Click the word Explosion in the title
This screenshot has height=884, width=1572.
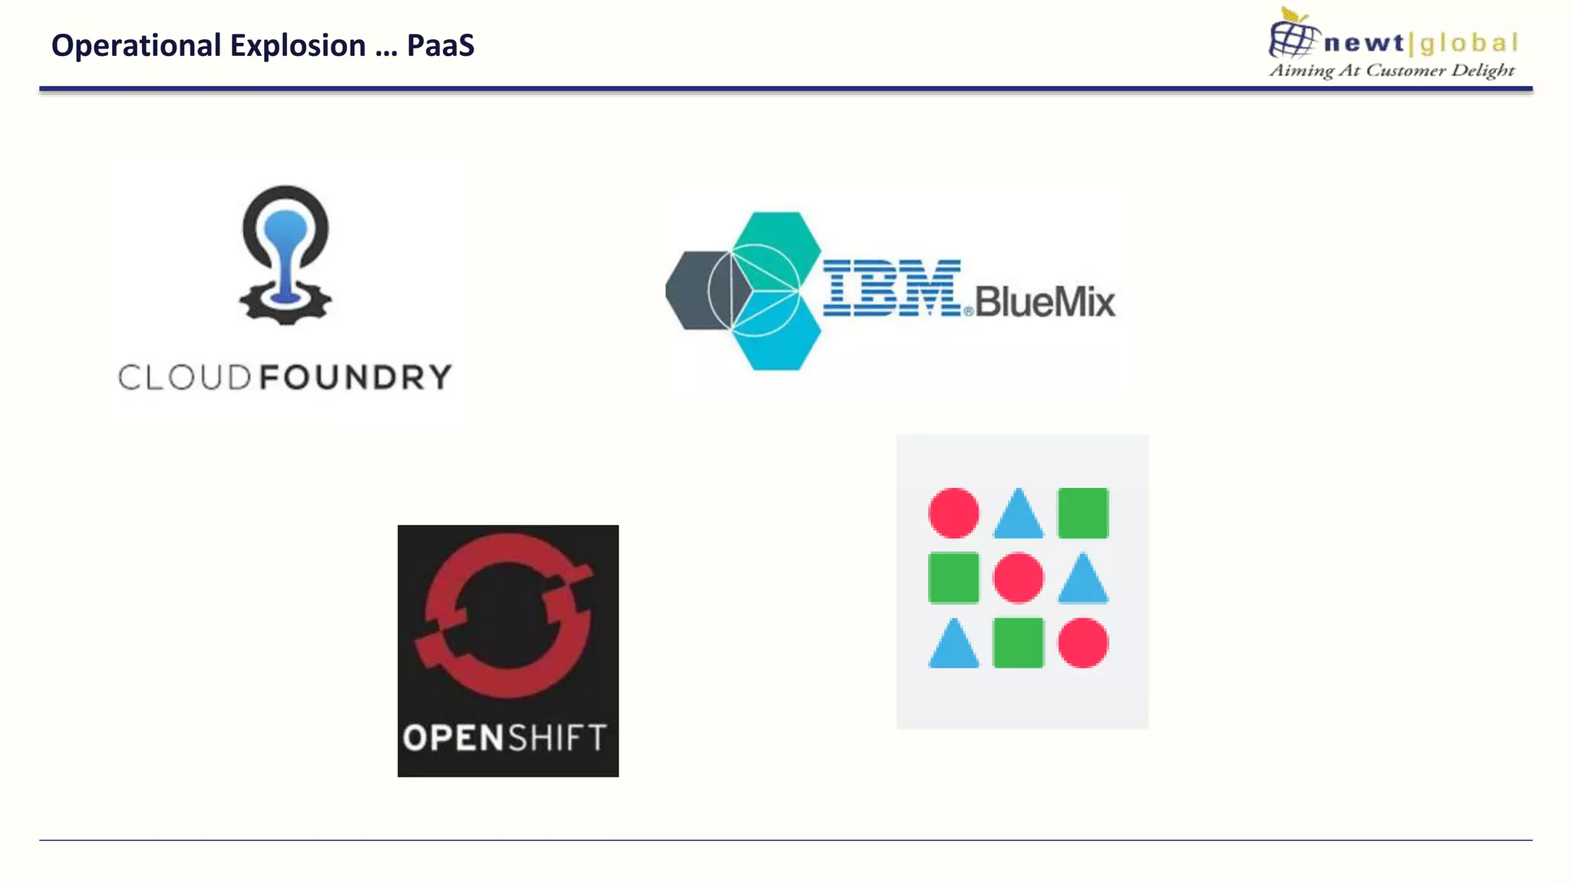(x=298, y=46)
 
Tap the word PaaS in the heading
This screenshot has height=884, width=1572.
(x=441, y=46)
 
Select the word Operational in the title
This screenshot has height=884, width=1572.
(x=136, y=46)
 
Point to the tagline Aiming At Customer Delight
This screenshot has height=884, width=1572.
(x=1392, y=71)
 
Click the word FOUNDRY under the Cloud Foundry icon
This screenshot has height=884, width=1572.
(x=355, y=378)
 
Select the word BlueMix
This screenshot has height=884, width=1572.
(x=1045, y=302)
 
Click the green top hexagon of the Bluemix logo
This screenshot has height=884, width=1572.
(x=777, y=233)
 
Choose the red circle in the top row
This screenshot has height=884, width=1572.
(x=953, y=513)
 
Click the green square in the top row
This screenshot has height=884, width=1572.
(x=1083, y=513)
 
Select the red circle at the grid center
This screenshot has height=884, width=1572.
(x=1019, y=577)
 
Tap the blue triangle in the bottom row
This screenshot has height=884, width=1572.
(x=953, y=646)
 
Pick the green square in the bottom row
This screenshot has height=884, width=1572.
(x=1019, y=642)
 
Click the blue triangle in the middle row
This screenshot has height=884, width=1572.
(x=1083, y=581)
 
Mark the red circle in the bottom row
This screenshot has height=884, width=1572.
(x=1083, y=642)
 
